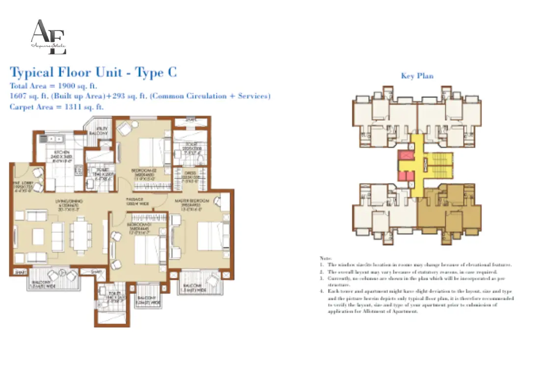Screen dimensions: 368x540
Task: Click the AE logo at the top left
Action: coord(48,37)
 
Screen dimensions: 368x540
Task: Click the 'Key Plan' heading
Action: coord(417,76)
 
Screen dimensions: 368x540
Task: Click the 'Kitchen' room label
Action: coord(62,152)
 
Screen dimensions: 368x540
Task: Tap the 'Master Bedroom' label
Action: coord(194,200)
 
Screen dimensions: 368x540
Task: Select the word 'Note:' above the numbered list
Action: coord(325,258)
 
